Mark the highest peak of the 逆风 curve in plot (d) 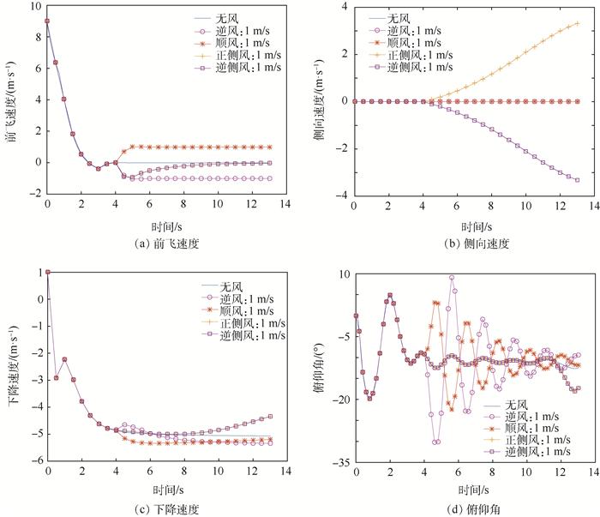452,277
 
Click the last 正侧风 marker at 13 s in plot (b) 577,23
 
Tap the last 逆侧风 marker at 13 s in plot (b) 577,179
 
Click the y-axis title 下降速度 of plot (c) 12,366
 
